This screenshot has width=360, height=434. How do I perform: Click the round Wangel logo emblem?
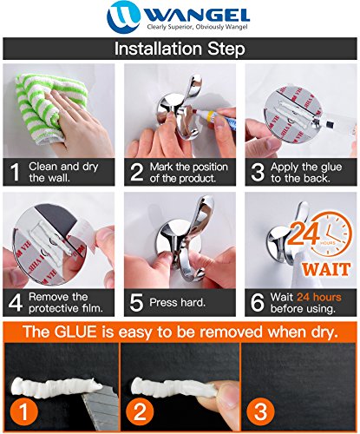(123, 16)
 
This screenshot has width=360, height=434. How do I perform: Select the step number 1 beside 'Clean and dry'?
(15, 172)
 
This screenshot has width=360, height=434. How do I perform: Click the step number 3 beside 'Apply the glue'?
(258, 172)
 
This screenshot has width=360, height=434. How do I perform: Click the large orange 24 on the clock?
(305, 233)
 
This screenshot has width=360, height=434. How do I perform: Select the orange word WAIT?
(326, 270)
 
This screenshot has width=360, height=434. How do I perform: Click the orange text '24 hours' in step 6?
(319, 297)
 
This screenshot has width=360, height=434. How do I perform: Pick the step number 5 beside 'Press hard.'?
(137, 303)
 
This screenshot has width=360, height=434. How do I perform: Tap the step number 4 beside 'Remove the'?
(16, 303)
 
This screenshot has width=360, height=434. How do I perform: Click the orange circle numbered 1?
(23, 411)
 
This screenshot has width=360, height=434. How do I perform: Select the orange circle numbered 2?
(140, 411)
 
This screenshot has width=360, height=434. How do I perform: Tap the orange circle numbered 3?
(260, 411)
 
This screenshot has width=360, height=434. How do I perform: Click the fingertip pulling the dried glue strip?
(227, 393)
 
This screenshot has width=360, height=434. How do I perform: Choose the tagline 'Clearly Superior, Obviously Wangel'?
(197, 27)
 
